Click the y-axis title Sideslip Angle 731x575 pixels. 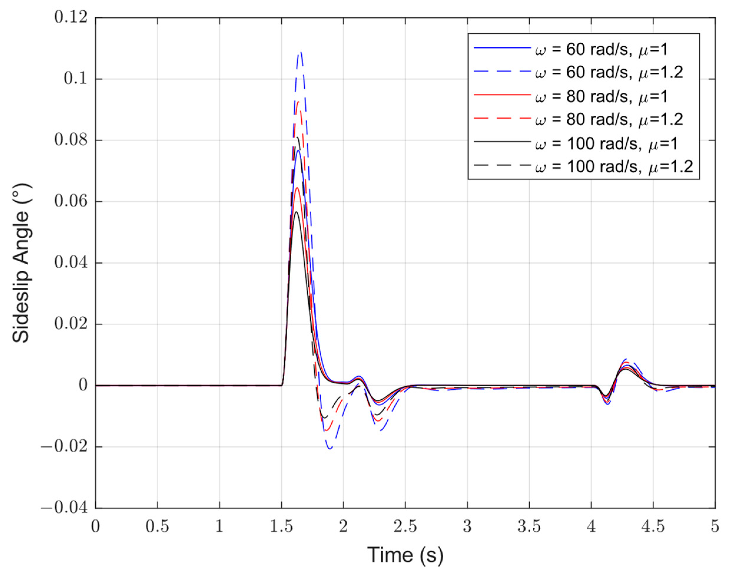[x=21, y=263]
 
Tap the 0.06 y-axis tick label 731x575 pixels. [x=71, y=202]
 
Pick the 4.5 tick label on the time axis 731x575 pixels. [x=653, y=526]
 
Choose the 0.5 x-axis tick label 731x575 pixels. [x=157, y=526]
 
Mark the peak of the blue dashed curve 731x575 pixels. [x=300, y=52]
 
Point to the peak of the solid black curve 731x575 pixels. [x=296, y=212]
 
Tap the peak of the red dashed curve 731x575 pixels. [x=298, y=101]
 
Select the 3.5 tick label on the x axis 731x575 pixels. [x=529, y=526]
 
